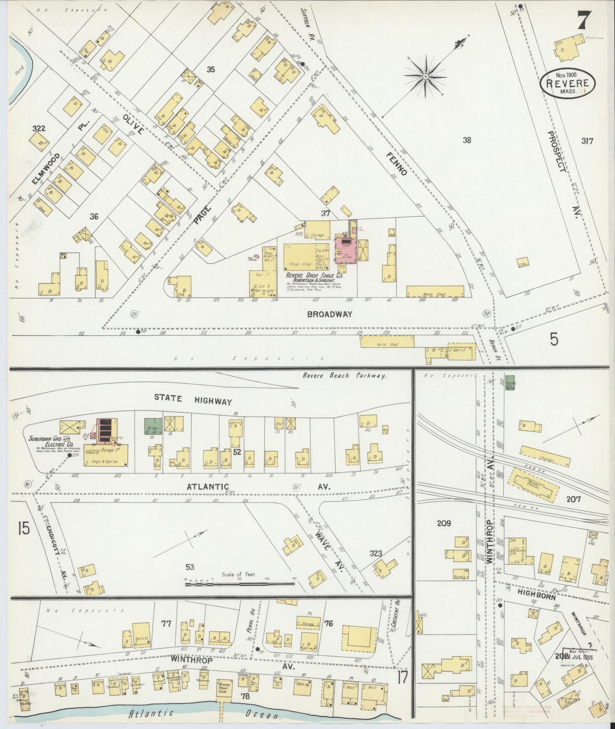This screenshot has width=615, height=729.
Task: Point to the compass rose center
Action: click(x=425, y=76)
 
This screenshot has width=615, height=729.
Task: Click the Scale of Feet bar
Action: click(x=240, y=584)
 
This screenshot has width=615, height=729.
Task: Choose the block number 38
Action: click(x=467, y=140)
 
